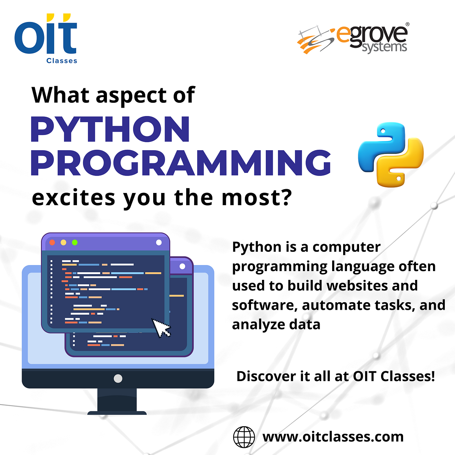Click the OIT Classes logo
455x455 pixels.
[46, 39]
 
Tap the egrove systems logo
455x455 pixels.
[353, 39]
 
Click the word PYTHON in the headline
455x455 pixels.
[110, 129]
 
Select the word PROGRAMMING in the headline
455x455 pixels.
[180, 163]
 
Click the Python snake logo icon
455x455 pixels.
[391, 155]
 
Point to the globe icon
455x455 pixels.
[244, 437]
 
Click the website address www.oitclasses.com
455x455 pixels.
[333, 437]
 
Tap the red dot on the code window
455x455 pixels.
[52, 243]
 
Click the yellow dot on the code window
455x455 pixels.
[64, 243]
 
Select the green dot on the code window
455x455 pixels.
[75, 243]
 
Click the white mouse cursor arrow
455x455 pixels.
[160, 327]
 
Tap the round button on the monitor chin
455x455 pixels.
[118, 378]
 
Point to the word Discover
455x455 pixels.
[266, 376]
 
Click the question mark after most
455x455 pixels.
[287, 198]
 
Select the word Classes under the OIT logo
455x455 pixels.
[62, 61]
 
